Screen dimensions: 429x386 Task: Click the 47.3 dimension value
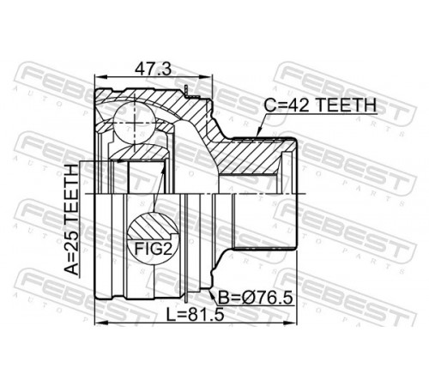(154, 69)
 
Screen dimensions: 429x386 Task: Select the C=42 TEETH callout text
(320, 106)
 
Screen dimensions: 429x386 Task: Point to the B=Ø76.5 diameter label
(256, 298)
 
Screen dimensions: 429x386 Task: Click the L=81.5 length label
(196, 315)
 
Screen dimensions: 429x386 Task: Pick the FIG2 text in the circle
(154, 249)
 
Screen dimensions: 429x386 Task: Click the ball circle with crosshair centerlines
(135, 123)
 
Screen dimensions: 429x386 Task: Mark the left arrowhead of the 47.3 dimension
(100, 77)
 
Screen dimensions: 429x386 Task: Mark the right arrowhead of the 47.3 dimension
(207, 77)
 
